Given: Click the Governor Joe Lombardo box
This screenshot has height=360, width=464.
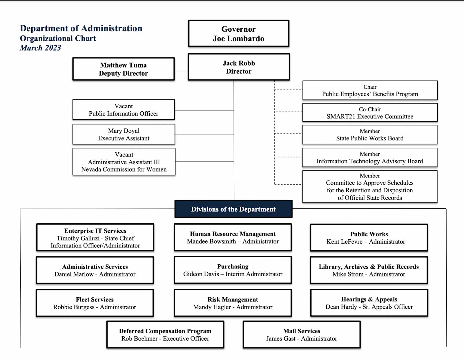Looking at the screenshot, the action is [239, 33].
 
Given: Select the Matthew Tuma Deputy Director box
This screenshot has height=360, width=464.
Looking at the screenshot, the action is [124, 69].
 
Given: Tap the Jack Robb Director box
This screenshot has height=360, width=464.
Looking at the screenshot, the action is [239, 67].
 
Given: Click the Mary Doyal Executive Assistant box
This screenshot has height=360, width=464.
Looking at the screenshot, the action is [124, 134].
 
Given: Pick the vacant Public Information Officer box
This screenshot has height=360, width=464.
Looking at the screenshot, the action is [124, 110].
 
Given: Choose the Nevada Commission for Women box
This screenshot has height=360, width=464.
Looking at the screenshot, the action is [124, 162].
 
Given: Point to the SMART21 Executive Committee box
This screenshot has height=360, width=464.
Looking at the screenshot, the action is [370, 113].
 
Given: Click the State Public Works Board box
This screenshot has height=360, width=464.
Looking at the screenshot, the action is [370, 135].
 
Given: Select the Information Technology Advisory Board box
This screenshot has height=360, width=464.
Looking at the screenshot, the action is [370, 158].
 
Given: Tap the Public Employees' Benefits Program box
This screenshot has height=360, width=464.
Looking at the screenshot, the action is [370, 90].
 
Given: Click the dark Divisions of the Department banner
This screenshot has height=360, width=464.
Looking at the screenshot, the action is [233, 209].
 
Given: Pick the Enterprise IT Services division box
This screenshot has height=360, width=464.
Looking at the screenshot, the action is [95, 238].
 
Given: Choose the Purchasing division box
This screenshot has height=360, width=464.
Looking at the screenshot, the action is [233, 270].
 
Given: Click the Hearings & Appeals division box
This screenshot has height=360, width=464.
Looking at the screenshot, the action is [369, 303].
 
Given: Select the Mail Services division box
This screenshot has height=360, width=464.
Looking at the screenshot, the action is [302, 334].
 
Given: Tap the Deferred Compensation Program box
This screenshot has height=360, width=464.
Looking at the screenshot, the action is [165, 334].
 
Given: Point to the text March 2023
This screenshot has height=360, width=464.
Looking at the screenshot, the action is [41, 48].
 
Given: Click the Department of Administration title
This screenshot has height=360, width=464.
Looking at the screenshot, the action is [81, 28].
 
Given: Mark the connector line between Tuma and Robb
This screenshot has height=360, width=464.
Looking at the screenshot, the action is [181, 71].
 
